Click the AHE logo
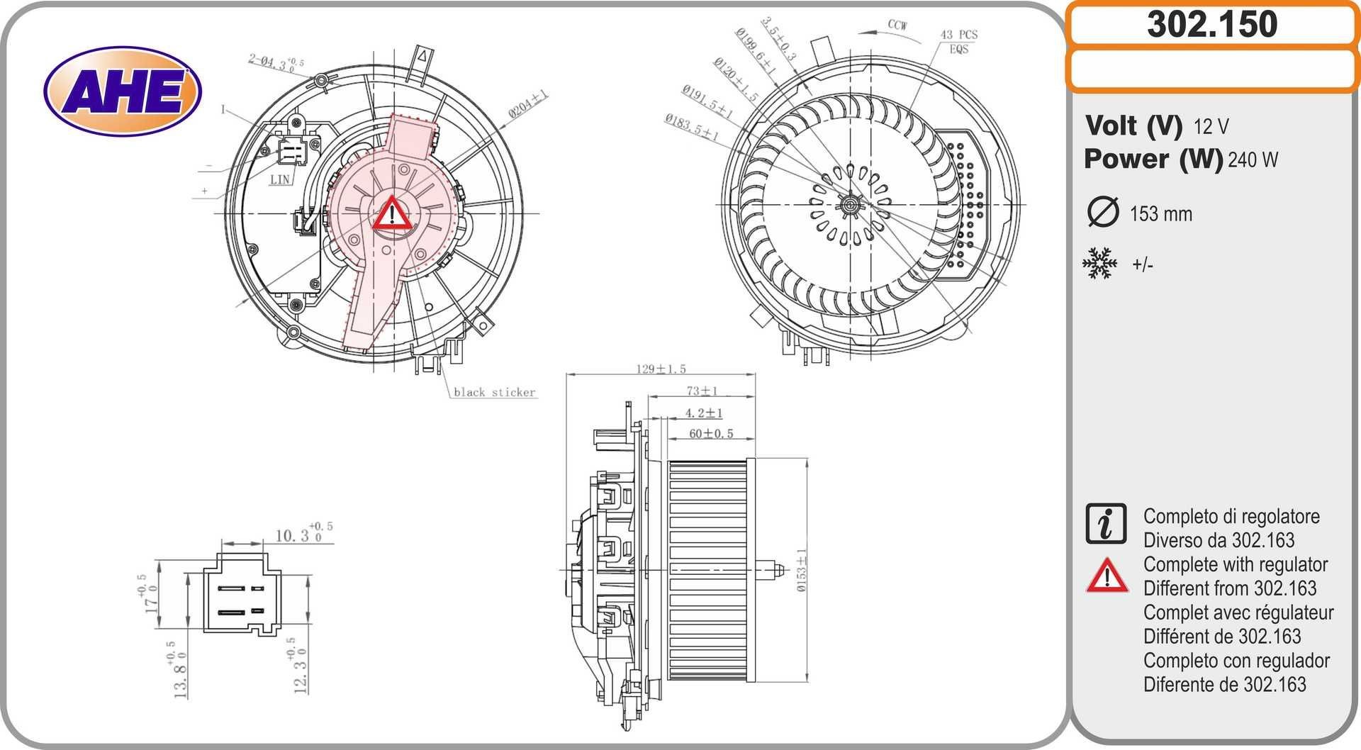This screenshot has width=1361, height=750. (123, 92)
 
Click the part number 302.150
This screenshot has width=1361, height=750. (1211, 24)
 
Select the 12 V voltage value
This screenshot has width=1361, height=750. (1211, 127)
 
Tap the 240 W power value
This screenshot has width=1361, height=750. (1253, 160)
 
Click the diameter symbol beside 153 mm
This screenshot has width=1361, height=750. (1102, 213)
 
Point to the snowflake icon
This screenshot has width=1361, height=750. (1099, 264)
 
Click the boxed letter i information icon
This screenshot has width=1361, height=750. (1105, 524)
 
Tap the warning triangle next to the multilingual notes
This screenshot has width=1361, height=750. (1107, 576)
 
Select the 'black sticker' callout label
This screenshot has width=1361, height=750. (494, 392)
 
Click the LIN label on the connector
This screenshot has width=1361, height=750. (280, 179)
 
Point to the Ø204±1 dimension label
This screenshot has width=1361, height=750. (528, 104)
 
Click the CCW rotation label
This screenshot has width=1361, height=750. (897, 25)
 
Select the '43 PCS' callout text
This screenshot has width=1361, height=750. (958, 35)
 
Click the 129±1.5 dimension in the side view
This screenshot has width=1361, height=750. (661, 369)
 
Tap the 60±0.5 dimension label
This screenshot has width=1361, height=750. (711, 433)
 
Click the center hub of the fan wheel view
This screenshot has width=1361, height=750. (849, 206)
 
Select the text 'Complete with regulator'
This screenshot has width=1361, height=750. (1235, 564)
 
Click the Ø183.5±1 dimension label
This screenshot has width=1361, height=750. (691, 128)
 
